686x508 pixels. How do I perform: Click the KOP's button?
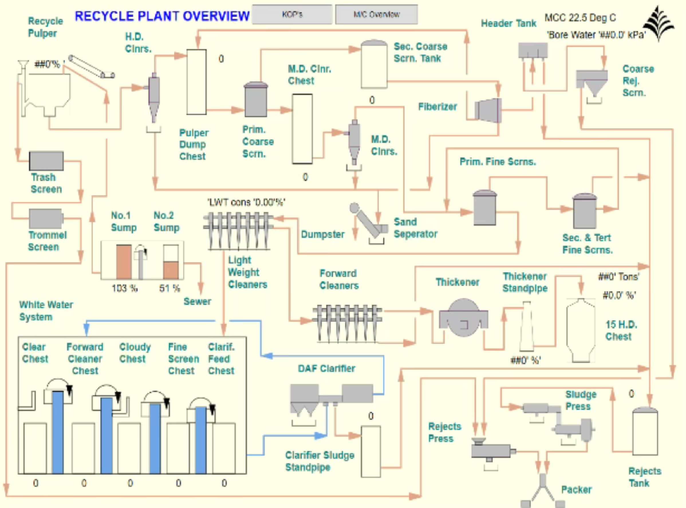pos(292,14)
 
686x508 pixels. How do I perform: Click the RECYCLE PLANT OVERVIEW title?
pos(162,16)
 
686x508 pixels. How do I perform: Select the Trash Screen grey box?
pos(46,161)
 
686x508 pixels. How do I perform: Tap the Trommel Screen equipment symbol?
pos(46,219)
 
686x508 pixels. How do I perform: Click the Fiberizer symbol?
pos(489,110)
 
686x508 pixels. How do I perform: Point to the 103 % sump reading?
pos(125,288)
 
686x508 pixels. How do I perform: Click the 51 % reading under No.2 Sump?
pos(169,288)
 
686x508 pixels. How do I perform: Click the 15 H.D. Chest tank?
pos(581,330)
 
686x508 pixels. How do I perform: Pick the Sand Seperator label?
pos(415,228)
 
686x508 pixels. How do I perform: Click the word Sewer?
pos(197,301)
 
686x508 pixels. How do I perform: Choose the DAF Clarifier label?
pos(327,368)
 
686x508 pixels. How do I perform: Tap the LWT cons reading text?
pos(246,202)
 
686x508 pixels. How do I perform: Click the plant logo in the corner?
pos(659,23)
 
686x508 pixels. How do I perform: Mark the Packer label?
pos(577,490)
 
